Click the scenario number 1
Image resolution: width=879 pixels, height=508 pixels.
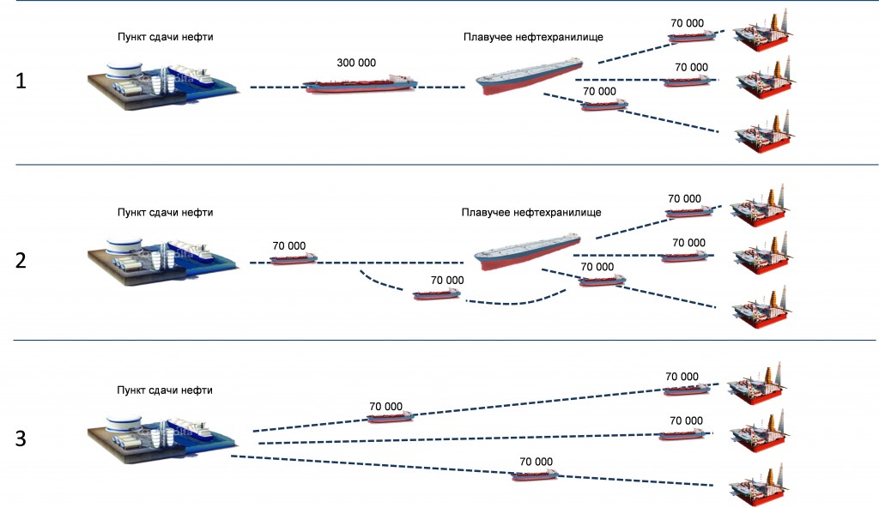click(21, 82)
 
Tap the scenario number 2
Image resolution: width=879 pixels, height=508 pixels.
click(21, 260)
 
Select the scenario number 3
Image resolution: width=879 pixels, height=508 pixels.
click(21, 438)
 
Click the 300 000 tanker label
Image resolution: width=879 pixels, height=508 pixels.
click(356, 63)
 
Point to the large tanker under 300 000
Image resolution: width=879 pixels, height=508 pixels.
click(360, 83)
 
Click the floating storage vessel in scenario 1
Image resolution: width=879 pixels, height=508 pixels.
click(529, 75)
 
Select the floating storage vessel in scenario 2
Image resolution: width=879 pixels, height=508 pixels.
click(527, 251)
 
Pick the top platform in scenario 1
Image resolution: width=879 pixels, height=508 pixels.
click(763, 32)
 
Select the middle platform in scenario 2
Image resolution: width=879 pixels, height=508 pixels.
click(761, 253)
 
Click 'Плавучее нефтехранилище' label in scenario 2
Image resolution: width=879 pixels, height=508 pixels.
click(531, 213)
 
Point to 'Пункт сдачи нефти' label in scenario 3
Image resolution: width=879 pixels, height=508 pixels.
click(165, 390)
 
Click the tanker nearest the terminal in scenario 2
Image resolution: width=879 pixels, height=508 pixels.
click(294, 259)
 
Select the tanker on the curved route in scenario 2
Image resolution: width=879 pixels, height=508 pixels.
click(437, 293)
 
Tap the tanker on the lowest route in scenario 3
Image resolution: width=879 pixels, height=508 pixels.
click(535, 475)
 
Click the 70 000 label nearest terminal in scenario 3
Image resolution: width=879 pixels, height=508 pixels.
click(385, 407)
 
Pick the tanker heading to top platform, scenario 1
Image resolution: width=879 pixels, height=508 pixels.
click(691, 37)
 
